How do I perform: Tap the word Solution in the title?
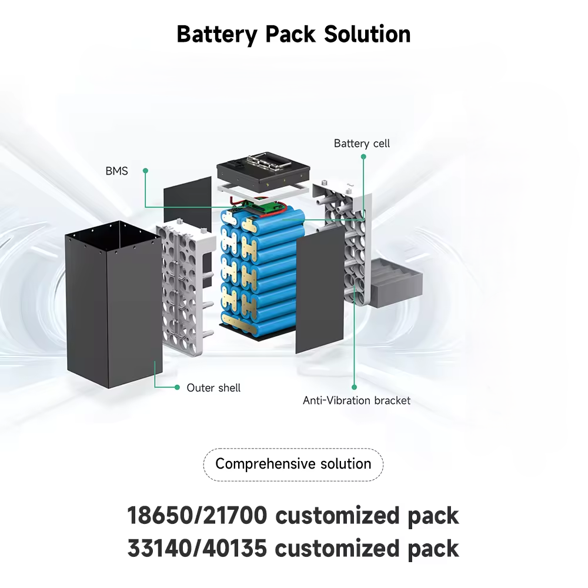point(367,34)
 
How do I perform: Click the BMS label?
point(116,171)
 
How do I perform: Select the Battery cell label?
point(362,143)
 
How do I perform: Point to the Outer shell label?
point(213,388)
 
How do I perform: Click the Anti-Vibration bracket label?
point(356,400)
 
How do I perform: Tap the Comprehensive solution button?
point(293,464)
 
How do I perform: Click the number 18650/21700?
point(198,516)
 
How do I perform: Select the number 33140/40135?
point(198,548)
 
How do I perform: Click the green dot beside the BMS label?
point(145,171)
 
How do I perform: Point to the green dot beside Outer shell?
point(177,387)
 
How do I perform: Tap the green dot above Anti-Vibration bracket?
point(354,387)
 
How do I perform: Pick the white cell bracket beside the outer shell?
point(185,288)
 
